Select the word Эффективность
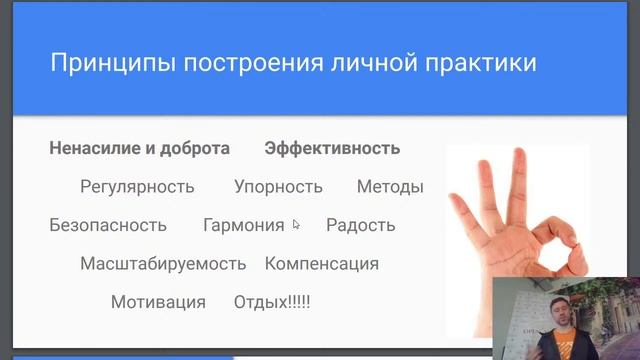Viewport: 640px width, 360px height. [332, 148]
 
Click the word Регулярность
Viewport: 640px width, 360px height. [137, 187]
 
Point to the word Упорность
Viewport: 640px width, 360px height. [278, 187]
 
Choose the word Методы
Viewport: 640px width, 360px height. [390, 187]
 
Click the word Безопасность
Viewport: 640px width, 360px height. [108, 225]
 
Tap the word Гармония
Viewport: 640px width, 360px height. [243, 225]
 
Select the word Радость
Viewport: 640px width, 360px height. [360, 225]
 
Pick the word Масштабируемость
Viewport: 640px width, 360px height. [163, 264]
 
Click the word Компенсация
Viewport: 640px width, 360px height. [322, 264]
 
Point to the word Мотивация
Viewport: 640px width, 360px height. [158, 302]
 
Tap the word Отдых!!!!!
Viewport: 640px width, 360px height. [272, 302]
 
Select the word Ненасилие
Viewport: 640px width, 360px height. [89, 148]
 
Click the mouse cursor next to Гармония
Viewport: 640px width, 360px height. [295, 225]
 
